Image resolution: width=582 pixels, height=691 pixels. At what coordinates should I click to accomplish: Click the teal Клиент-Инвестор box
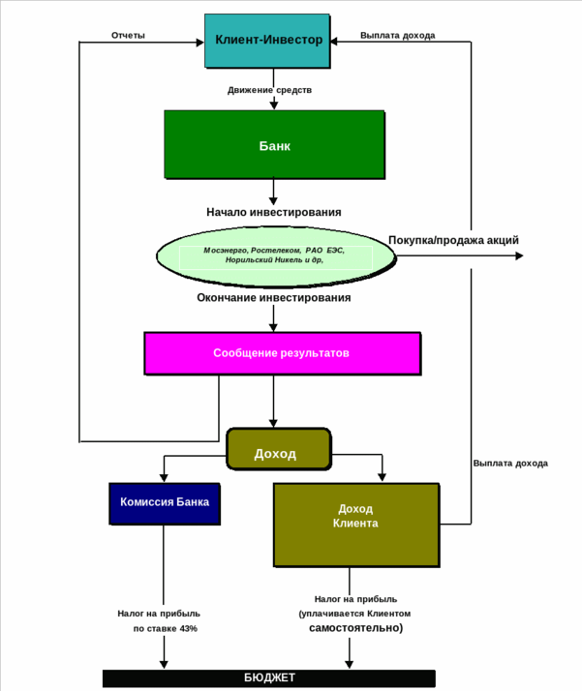pyautogui.click(x=267, y=41)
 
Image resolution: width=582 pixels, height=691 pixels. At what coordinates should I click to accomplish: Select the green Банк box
pyautogui.click(x=274, y=146)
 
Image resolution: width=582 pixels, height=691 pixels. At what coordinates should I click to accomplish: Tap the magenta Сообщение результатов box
pyautogui.click(x=282, y=353)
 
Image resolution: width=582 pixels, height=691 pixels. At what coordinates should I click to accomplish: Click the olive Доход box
pyautogui.click(x=278, y=453)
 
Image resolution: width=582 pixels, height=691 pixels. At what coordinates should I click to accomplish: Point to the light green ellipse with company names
pyautogui.click(x=276, y=255)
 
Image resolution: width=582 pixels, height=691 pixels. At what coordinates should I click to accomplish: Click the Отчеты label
pyautogui.click(x=128, y=36)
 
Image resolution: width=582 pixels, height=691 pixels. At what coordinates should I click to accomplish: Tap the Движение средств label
pyautogui.click(x=270, y=90)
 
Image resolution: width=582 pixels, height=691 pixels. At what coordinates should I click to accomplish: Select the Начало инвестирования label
pyautogui.click(x=273, y=212)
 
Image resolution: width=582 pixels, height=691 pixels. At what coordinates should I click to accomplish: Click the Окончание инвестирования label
pyautogui.click(x=273, y=298)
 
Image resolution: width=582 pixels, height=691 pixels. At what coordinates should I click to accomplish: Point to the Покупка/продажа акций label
pyautogui.click(x=453, y=240)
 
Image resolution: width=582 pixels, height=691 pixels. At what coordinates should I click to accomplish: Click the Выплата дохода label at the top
pyautogui.click(x=397, y=36)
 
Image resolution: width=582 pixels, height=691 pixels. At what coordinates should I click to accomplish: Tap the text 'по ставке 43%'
pyautogui.click(x=165, y=629)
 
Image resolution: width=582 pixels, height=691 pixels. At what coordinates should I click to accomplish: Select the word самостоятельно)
pyautogui.click(x=355, y=628)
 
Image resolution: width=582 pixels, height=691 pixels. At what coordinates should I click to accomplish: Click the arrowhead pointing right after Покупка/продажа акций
pyautogui.click(x=519, y=255)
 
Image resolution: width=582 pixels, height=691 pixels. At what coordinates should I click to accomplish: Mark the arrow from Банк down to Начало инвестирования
pyautogui.click(x=273, y=190)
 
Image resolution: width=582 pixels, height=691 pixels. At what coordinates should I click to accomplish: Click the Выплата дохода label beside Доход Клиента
pyautogui.click(x=510, y=463)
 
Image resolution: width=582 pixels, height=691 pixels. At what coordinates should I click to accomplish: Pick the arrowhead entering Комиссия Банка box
pyautogui.click(x=164, y=477)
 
